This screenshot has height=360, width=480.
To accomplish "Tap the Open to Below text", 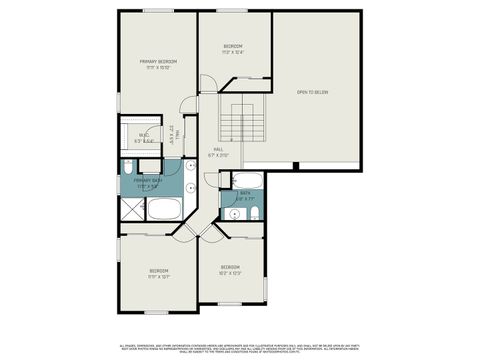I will point(315,92).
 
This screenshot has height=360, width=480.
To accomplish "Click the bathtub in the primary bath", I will point(163,209).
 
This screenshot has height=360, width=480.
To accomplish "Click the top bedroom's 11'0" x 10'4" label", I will point(233,49).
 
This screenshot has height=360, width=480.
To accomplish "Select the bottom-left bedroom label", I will point(158,274).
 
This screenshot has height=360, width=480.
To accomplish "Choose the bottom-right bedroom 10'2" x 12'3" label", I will point(230,269).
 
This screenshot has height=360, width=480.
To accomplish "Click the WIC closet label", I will point(145,138).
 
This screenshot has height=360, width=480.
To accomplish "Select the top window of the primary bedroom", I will point(155,11).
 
